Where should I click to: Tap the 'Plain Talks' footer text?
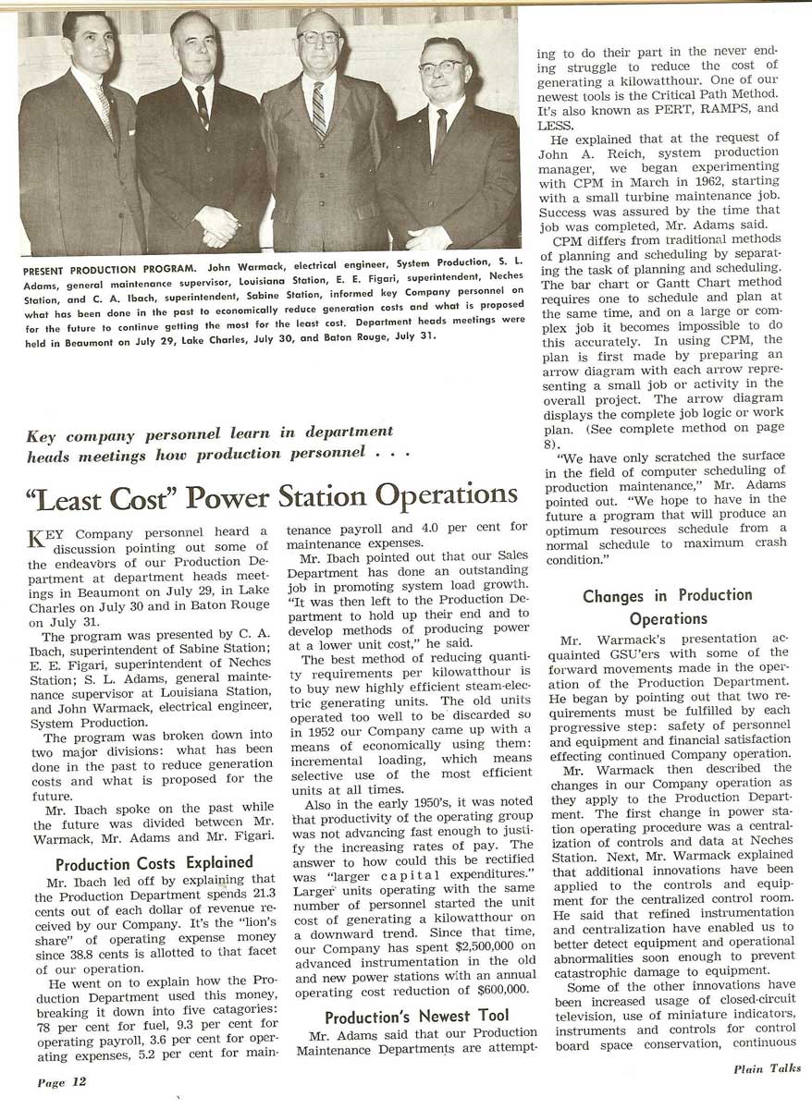tap(767, 1069)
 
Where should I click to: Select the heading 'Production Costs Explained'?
tap(154, 863)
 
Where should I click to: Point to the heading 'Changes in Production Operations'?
tap(667, 606)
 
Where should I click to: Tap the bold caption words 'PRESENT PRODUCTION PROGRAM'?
tap(94, 273)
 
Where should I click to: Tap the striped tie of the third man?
tap(320, 109)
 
